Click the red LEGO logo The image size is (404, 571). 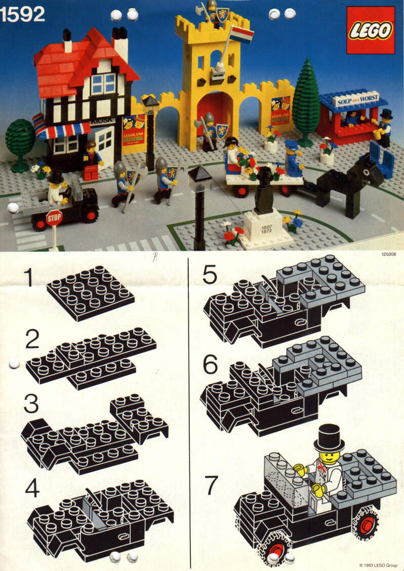coord(370,30)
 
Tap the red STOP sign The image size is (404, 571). coord(54,218)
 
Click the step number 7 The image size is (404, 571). coord(211,486)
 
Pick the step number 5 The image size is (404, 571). coord(210,275)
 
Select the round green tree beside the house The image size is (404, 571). coord(21,139)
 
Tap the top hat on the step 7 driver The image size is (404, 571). coord(329,438)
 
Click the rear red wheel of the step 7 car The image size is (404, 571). coord(366,523)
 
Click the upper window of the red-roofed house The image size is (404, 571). coord(104,84)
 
